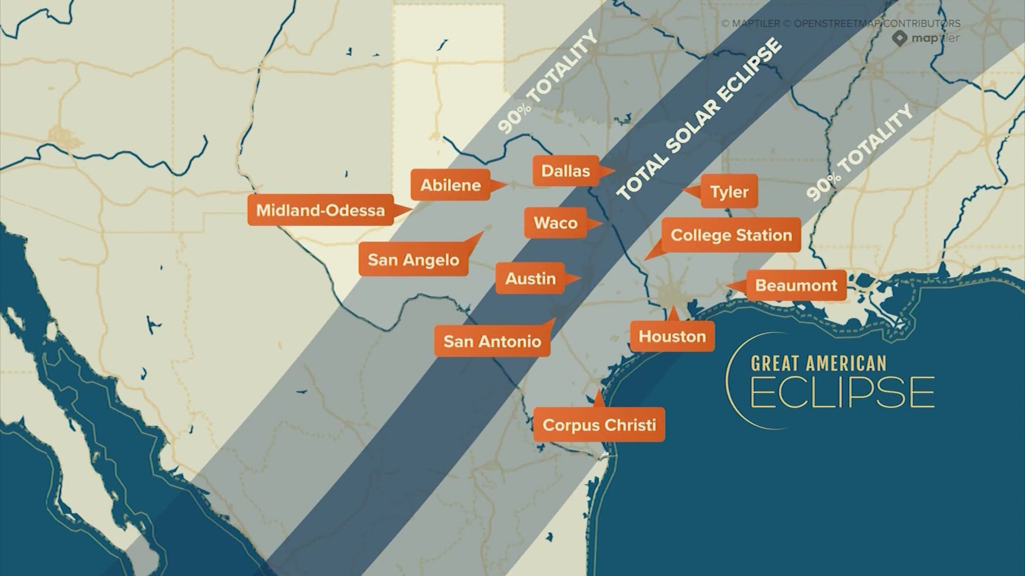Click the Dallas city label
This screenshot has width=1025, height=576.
(x=566, y=171)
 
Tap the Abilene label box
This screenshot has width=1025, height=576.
(x=451, y=185)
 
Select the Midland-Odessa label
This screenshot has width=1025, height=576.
(x=320, y=210)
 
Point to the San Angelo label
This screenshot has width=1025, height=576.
(x=413, y=260)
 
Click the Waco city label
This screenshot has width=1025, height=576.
(x=555, y=223)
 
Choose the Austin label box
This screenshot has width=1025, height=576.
(x=530, y=278)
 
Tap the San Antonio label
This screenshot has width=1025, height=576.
(x=492, y=341)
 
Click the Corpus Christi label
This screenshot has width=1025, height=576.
(x=599, y=425)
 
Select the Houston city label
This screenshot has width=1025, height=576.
(x=672, y=337)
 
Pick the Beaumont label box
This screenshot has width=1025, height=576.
(x=795, y=285)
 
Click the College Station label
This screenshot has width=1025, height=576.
(x=731, y=235)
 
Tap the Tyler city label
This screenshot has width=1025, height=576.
(x=729, y=192)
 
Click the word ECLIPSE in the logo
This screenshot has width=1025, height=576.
(x=842, y=393)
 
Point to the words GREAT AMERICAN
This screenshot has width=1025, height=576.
(x=818, y=364)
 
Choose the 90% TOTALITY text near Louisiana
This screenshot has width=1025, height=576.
(x=858, y=153)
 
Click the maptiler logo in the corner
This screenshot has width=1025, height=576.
(x=927, y=38)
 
